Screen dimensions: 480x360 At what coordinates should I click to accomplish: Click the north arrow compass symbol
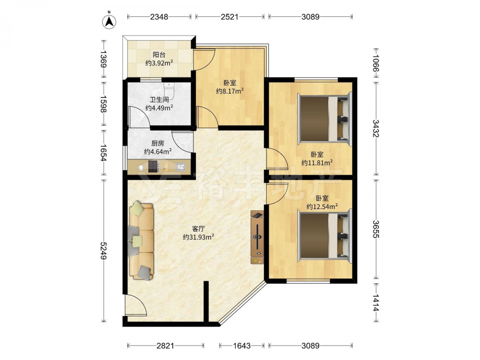(x=108, y=21)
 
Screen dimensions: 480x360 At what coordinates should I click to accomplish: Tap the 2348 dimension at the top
(x=159, y=16)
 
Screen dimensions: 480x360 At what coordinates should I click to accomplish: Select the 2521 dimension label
(x=229, y=16)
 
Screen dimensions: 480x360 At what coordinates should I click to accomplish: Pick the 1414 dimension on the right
(x=376, y=303)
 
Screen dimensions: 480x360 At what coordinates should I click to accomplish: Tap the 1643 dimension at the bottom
(x=242, y=346)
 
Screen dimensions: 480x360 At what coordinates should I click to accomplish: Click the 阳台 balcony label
(x=159, y=55)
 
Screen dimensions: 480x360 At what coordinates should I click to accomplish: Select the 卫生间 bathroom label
(x=159, y=99)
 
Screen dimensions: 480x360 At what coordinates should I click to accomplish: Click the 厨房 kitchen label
(x=157, y=143)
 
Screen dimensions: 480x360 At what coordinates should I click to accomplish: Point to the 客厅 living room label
(x=198, y=228)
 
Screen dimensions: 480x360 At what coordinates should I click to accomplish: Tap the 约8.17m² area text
(x=229, y=91)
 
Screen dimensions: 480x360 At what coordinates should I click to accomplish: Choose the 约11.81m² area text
(x=317, y=163)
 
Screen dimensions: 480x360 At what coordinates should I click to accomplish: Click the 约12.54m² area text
(x=322, y=206)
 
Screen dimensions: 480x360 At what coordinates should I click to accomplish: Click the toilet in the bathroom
(x=169, y=91)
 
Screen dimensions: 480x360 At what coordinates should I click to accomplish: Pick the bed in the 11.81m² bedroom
(x=324, y=118)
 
